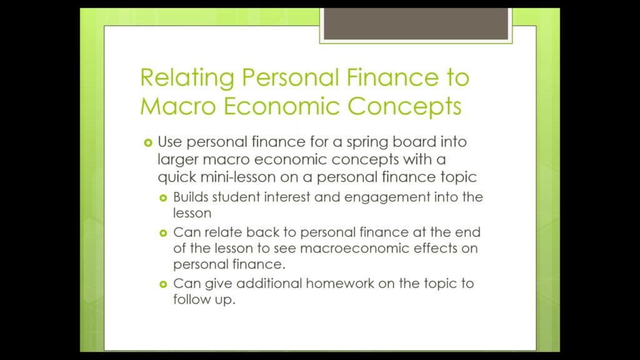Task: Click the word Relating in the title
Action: [187, 78]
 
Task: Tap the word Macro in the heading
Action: [178, 106]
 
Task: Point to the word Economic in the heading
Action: [282, 106]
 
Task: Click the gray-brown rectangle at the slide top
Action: [416, 24]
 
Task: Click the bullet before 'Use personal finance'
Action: [147, 142]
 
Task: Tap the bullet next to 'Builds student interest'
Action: [163, 198]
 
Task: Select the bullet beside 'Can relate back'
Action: [163, 233]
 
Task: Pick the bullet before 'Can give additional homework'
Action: [163, 284]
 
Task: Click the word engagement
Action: [387, 198]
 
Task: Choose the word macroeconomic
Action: [355, 248]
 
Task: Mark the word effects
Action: [436, 248]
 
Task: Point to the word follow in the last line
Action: [191, 299]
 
